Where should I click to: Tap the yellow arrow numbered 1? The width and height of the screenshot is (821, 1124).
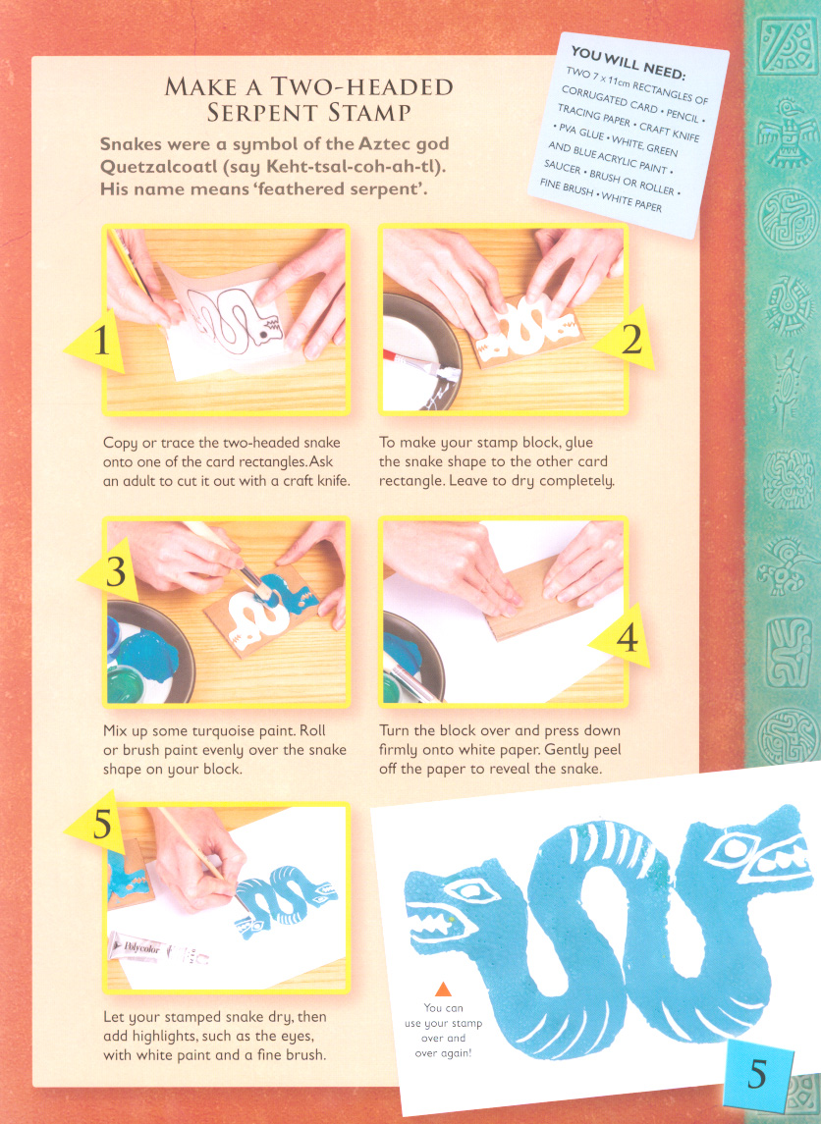(97, 342)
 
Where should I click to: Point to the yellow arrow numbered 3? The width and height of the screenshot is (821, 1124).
(110, 572)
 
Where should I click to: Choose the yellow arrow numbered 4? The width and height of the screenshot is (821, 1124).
(621, 636)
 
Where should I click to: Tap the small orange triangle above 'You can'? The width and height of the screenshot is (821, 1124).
(443, 990)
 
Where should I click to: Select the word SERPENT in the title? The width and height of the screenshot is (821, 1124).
(256, 113)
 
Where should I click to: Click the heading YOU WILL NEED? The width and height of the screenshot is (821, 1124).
(629, 63)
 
